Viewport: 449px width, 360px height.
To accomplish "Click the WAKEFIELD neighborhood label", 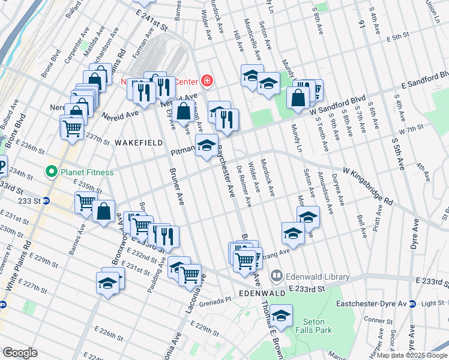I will [x=136, y=143].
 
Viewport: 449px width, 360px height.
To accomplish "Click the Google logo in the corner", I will [x=20, y=353].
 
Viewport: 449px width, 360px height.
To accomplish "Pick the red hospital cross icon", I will [x=206, y=80].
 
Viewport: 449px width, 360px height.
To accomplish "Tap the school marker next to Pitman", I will [x=206, y=145].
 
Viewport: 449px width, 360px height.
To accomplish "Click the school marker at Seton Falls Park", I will [x=280, y=315].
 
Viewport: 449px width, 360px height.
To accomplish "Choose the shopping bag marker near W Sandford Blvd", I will [x=298, y=97].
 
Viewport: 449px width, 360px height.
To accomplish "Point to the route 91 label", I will [x=361, y=25].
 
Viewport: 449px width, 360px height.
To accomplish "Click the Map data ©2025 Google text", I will [x=412, y=355].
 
